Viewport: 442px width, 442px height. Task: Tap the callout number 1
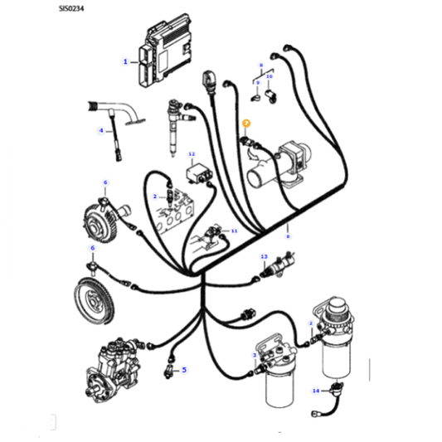125,61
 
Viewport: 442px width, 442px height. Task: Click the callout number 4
102,130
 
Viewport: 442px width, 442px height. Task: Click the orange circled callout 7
245,124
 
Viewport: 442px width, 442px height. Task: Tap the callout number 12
192,155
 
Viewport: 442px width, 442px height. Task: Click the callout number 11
234,231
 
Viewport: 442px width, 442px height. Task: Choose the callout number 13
264,257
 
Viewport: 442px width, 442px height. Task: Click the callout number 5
184,370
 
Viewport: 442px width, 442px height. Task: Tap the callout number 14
316,390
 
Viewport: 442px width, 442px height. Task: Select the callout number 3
255,355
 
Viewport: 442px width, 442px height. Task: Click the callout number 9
256,84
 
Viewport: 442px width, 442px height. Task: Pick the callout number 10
269,75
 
